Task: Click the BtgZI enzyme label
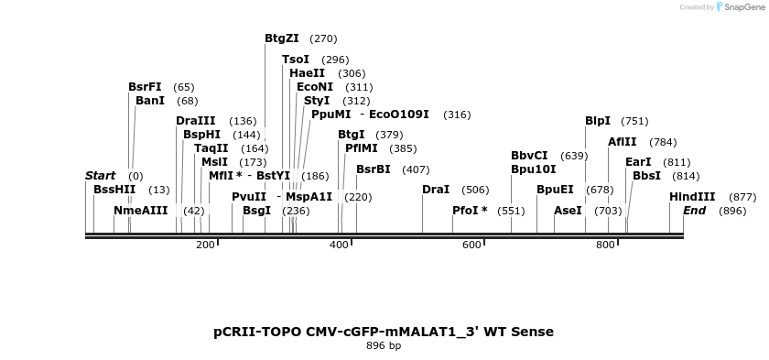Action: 281,38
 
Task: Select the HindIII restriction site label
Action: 692,197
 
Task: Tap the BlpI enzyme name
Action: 598,121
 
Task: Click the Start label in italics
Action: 100,176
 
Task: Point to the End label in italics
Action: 694,211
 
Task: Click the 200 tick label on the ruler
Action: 205,245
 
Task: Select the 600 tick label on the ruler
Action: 471,245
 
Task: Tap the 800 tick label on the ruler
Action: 605,245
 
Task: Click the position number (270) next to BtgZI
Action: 323,39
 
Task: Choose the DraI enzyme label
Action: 436,190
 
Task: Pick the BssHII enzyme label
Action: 114,190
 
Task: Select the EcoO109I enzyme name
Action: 398,115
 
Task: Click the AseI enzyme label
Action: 568,211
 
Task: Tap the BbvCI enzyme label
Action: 529,156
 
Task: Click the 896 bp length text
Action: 384,346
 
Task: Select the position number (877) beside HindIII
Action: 742,198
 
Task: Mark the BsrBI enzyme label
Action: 373,169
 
